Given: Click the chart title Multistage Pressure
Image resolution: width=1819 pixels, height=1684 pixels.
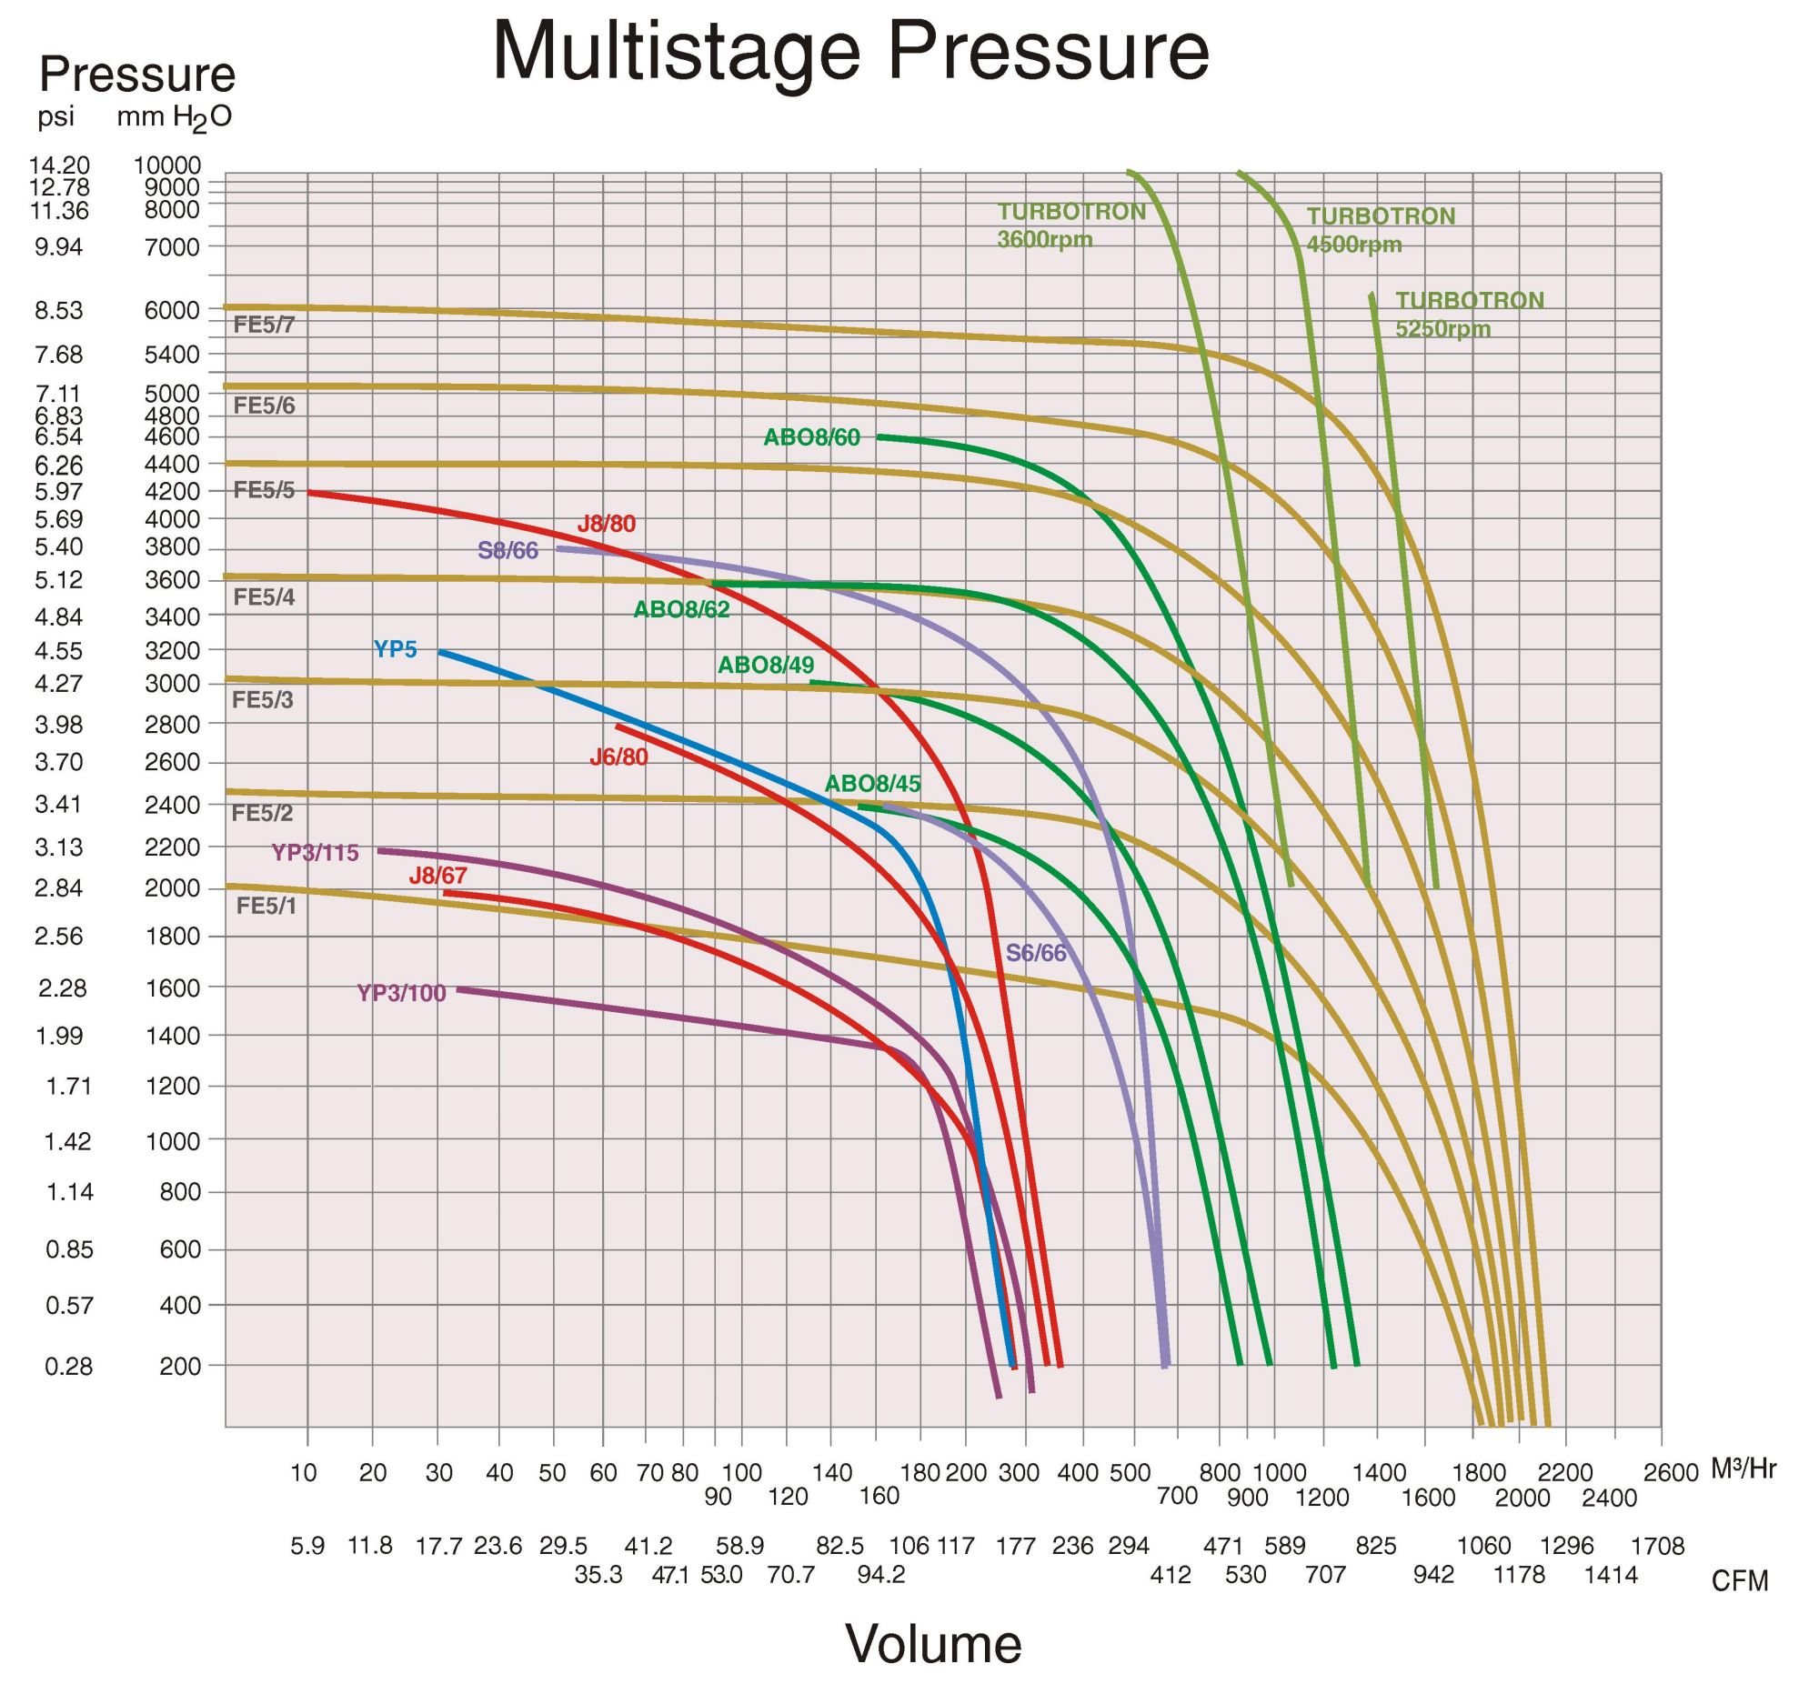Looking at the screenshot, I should click(x=850, y=51).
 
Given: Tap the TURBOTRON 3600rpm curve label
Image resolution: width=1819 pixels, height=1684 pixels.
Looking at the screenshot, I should click(x=1070, y=226).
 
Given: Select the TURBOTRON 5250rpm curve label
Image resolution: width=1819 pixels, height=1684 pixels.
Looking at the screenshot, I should click(x=1469, y=314).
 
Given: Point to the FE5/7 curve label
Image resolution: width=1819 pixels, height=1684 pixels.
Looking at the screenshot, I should click(x=265, y=326).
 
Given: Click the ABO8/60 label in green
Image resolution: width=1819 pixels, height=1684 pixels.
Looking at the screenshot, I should click(x=811, y=438).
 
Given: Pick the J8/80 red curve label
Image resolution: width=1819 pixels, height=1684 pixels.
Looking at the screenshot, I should click(x=606, y=524).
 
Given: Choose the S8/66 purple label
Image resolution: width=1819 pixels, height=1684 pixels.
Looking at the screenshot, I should click(x=508, y=551).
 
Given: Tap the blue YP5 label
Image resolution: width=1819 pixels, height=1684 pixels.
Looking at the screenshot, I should click(x=395, y=650).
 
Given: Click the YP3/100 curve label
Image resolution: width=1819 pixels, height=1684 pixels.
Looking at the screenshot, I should click(x=401, y=993).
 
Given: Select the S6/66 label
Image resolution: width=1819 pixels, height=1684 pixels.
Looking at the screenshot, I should click(x=1035, y=953).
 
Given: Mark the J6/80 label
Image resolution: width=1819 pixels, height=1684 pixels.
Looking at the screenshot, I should click(x=618, y=757).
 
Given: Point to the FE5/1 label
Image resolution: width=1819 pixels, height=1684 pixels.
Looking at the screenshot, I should click(x=266, y=906).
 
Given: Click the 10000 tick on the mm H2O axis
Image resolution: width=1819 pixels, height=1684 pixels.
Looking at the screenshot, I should click(x=166, y=165).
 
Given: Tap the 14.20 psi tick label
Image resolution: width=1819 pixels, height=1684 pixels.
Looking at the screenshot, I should click(x=59, y=165).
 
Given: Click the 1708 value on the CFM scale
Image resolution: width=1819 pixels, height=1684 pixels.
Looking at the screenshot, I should click(x=1657, y=1547).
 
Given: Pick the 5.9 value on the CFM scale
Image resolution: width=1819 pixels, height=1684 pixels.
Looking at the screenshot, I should click(x=307, y=1547).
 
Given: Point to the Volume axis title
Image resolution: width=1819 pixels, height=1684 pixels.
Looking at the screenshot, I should click(x=933, y=1643).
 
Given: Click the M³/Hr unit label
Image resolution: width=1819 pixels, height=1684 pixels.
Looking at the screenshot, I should click(x=1744, y=1468).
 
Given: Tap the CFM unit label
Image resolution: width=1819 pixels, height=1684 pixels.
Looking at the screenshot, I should click(x=1739, y=1581).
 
